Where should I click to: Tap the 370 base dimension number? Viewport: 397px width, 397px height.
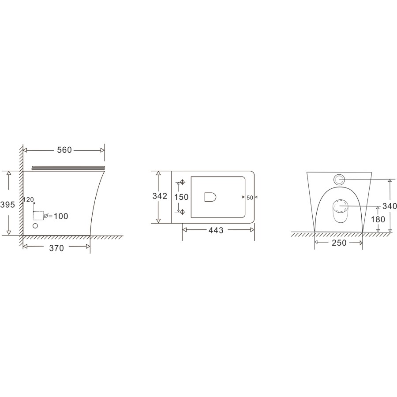pos(56,248)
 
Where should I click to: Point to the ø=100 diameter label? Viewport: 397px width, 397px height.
pos(56,216)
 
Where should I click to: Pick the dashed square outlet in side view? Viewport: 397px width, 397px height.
pos(39,216)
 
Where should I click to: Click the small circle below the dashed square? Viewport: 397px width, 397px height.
pos(36,226)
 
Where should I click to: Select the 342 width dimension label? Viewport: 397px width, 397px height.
pos(159,196)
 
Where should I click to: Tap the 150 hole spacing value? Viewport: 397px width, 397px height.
pos(181,197)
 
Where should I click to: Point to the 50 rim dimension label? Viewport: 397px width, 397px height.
pos(250,198)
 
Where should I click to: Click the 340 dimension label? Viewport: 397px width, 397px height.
pos(390,206)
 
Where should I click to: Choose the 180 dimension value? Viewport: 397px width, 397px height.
pos(378,219)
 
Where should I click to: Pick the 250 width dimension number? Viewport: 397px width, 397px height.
pos(338,243)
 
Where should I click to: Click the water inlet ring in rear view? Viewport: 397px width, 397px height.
pos(339,179)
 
